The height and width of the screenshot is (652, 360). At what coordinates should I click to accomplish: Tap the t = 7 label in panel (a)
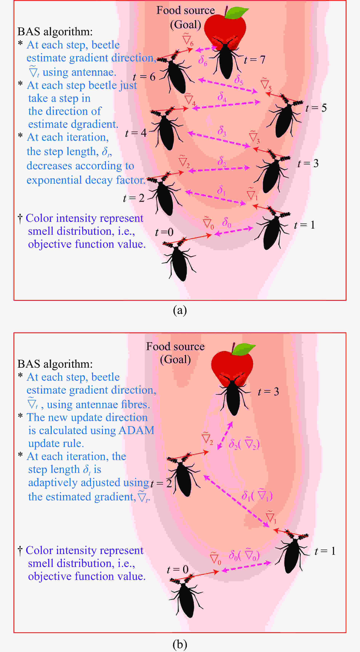click(x=255, y=60)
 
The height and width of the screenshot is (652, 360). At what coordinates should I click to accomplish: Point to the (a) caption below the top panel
click(x=180, y=310)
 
